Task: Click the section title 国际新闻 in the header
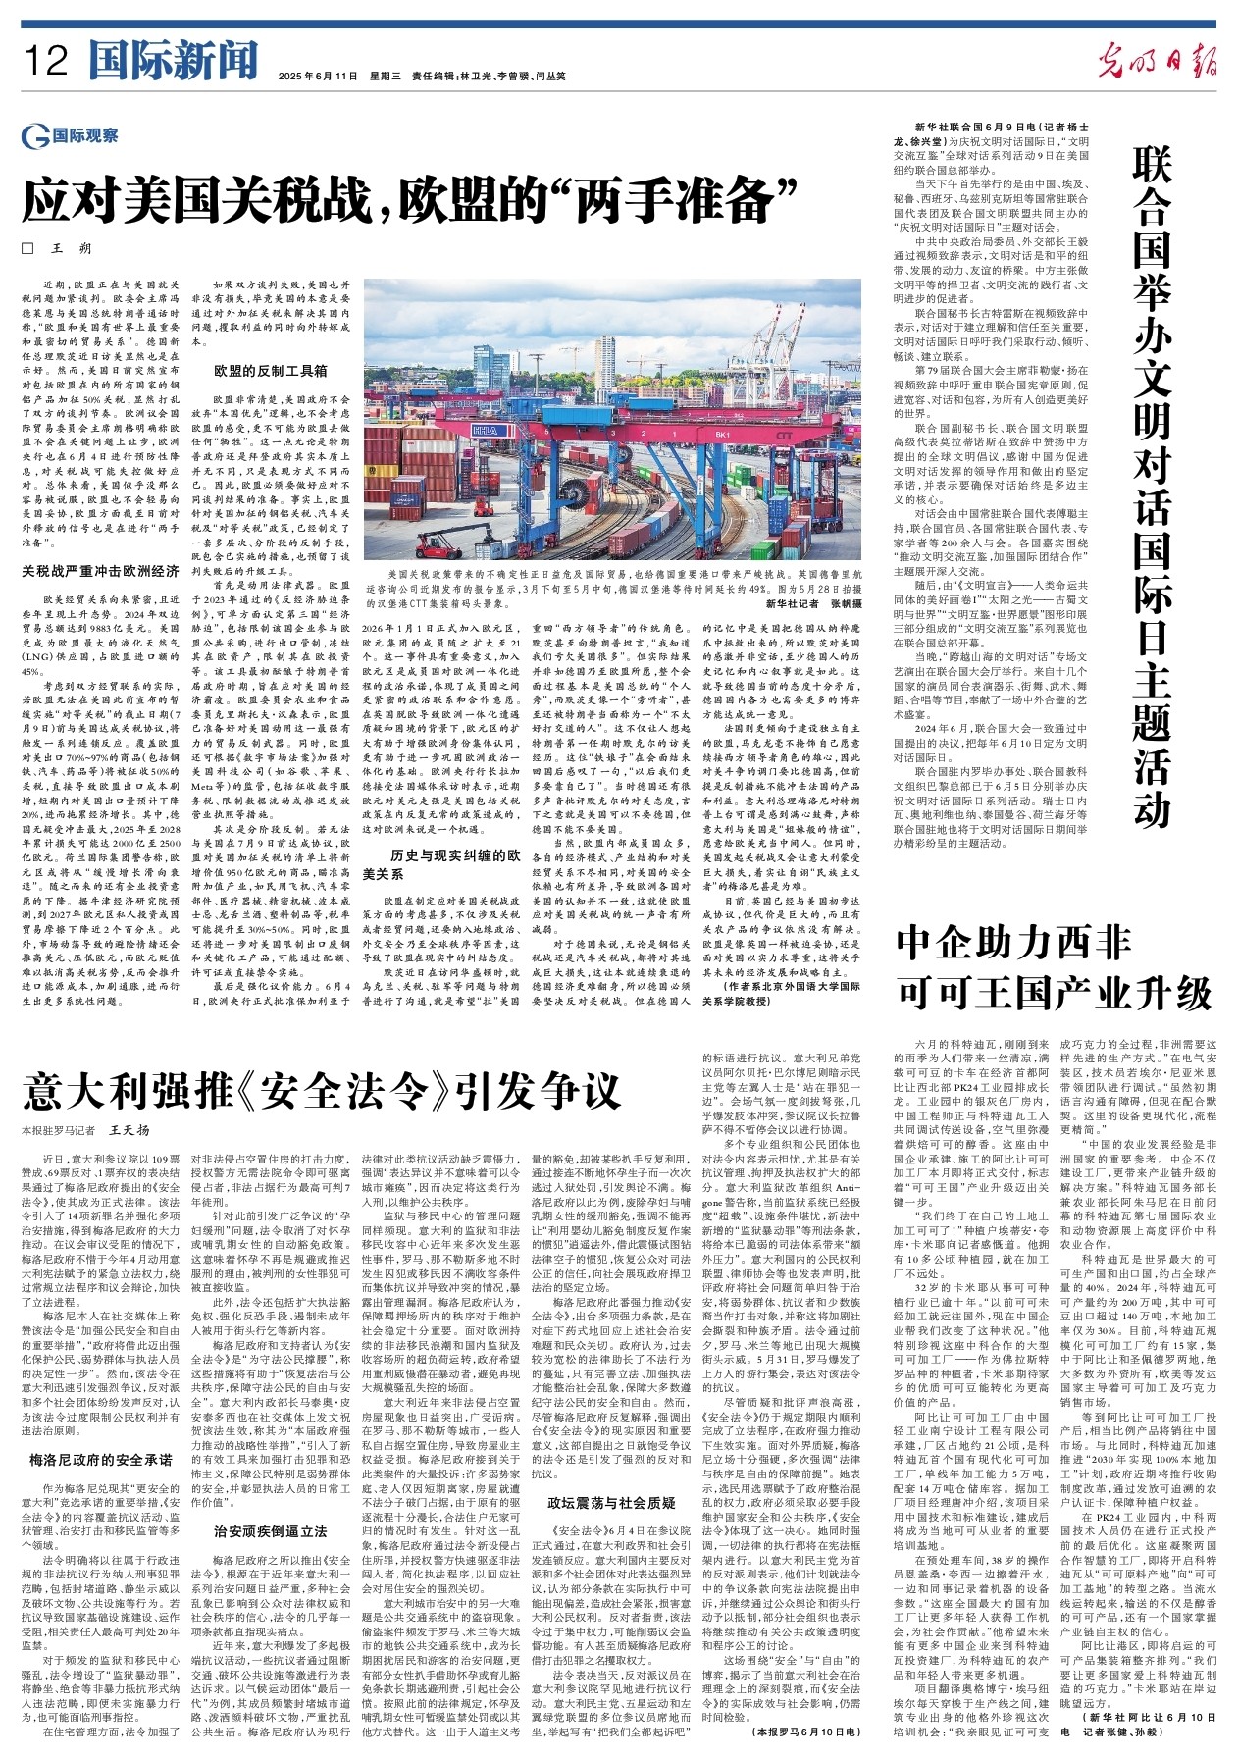[x=173, y=61]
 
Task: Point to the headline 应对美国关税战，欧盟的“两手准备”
[x=413, y=200]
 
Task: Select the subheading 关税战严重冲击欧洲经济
[x=101, y=570]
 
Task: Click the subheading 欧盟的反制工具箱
[x=271, y=371]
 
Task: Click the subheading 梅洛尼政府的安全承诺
[x=101, y=1460]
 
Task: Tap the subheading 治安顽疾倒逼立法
[x=271, y=1531]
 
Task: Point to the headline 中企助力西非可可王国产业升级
[x=1055, y=971]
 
